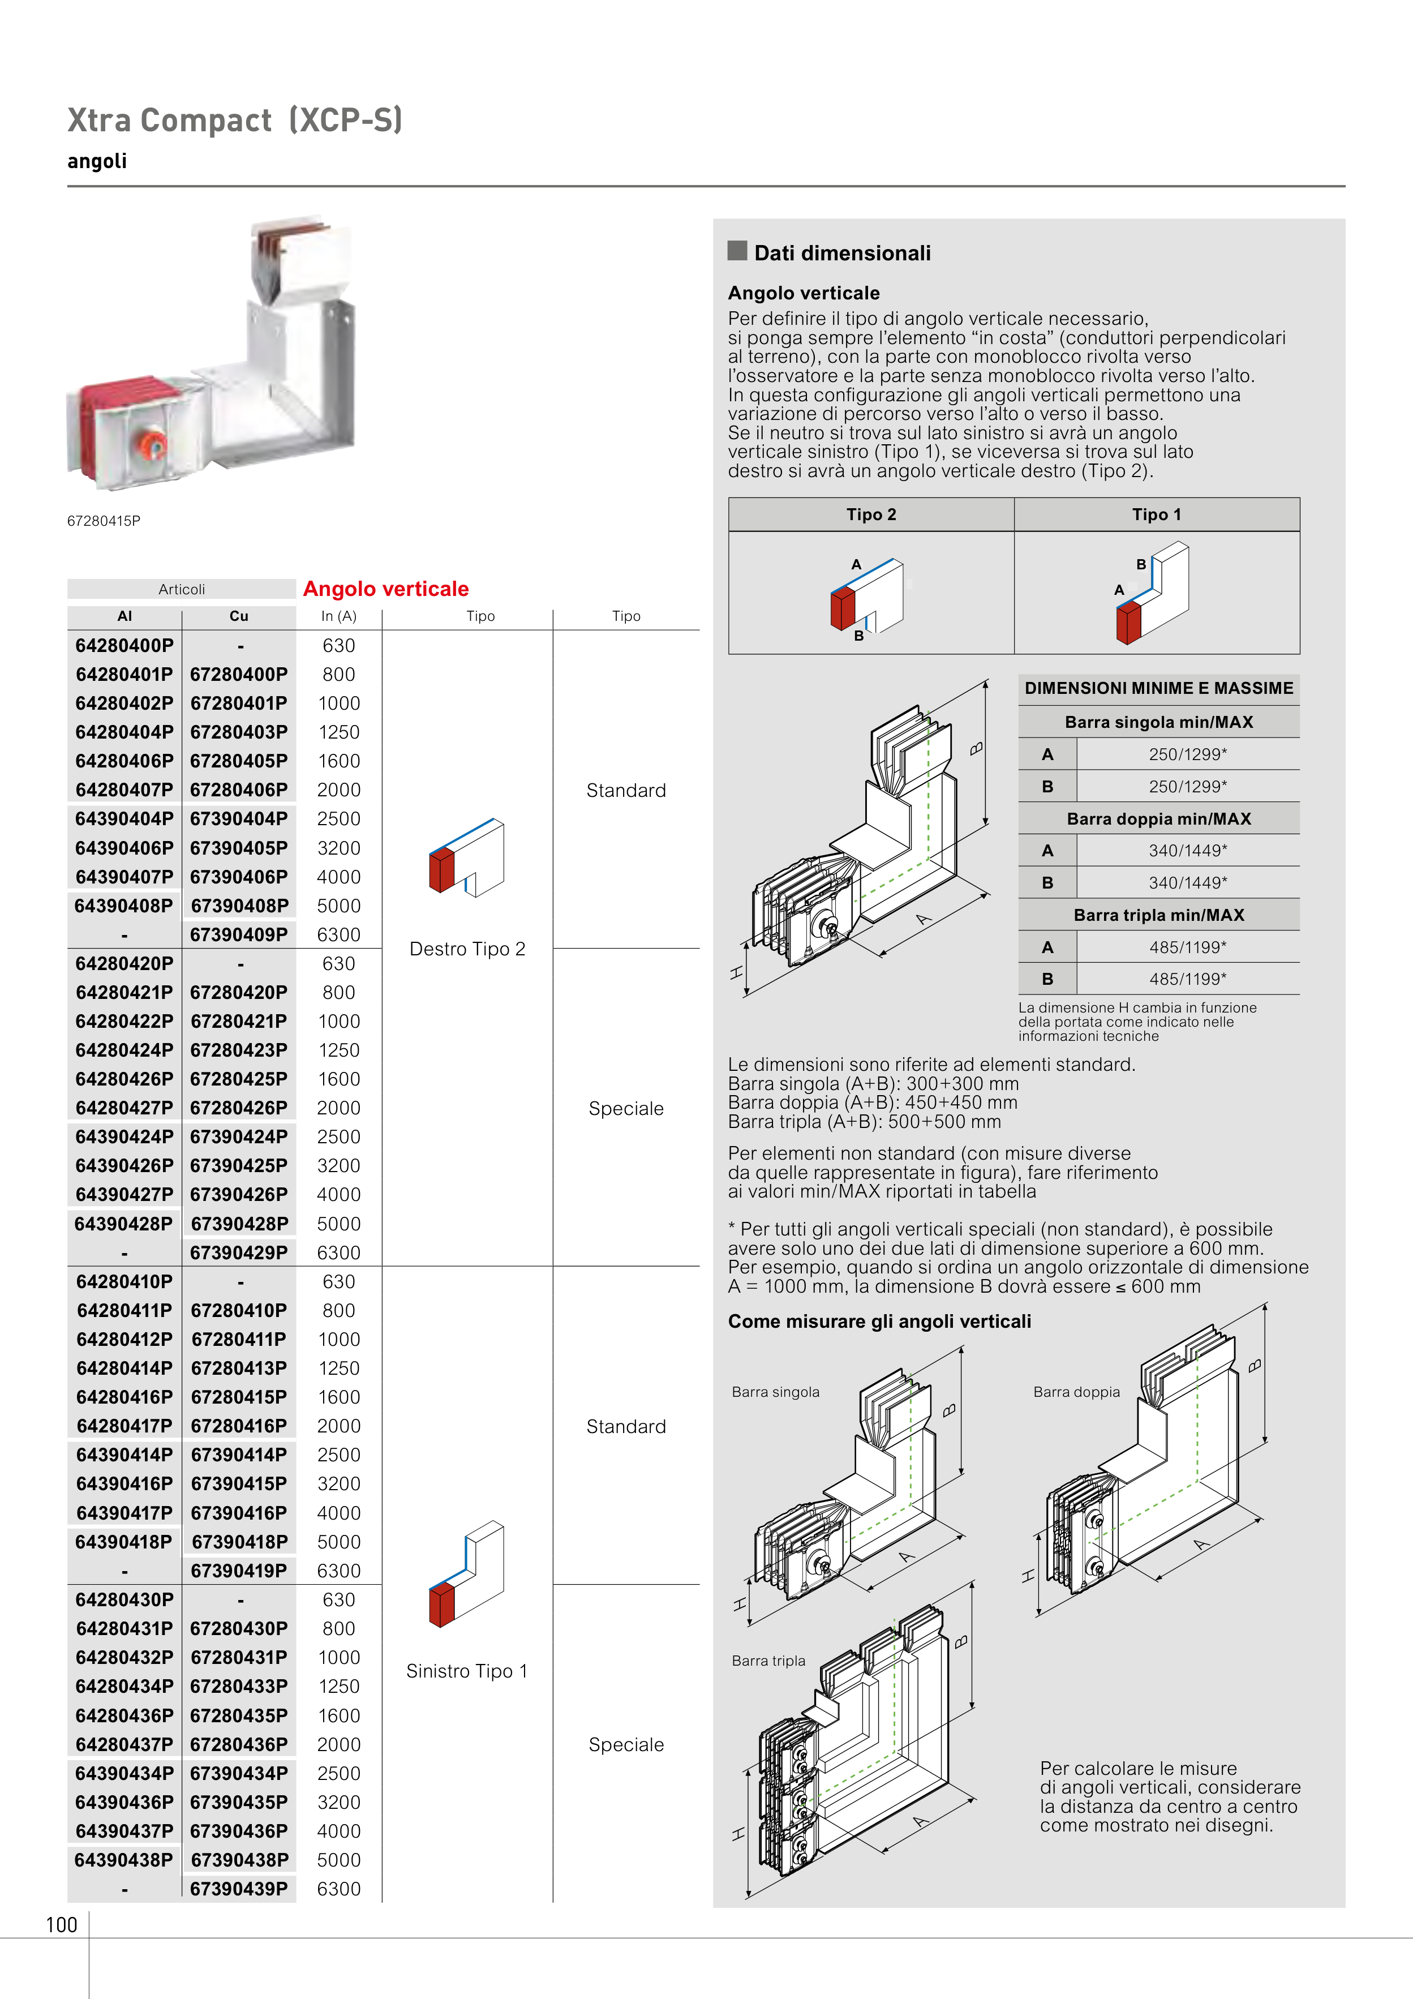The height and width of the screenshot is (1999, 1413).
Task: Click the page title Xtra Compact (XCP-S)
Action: point(235,120)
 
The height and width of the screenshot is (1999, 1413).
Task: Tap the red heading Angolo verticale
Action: point(386,589)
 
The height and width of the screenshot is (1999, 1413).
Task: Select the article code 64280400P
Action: point(124,646)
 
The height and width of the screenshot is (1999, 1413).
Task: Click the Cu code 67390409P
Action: point(239,935)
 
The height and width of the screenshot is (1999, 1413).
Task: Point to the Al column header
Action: point(124,616)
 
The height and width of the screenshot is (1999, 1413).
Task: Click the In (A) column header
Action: point(338,616)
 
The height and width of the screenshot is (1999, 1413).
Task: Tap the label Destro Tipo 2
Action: point(467,949)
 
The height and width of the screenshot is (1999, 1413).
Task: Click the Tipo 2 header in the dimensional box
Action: point(871,514)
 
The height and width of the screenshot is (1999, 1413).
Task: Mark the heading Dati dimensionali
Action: point(842,254)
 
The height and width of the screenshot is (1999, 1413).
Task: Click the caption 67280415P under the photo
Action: point(104,521)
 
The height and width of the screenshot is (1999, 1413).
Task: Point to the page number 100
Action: point(62,1925)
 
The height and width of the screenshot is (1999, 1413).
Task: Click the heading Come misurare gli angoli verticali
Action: point(879,1322)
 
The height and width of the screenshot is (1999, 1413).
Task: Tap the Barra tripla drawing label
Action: point(769,1661)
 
